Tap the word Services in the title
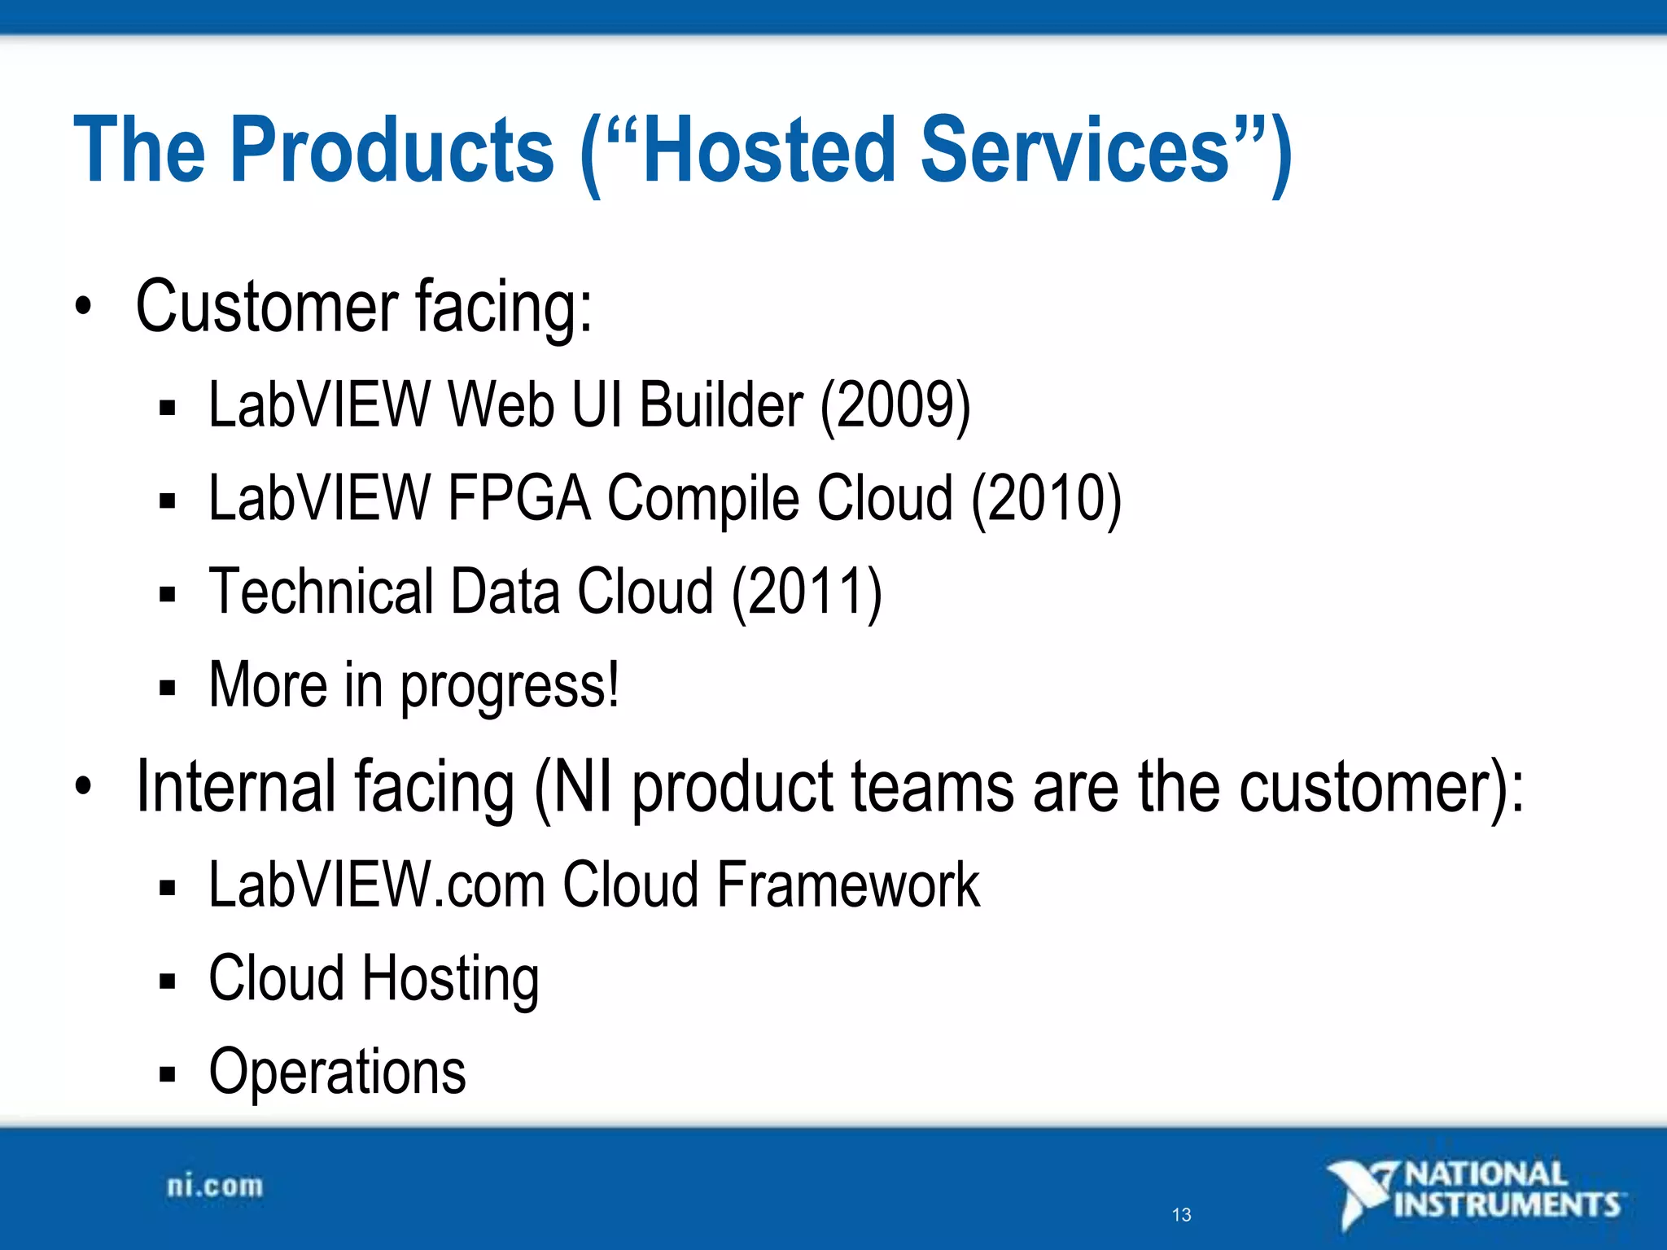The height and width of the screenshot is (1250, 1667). [1074, 151]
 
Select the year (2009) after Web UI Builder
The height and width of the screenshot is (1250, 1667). [895, 405]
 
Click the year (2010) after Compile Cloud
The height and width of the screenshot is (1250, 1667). [1047, 498]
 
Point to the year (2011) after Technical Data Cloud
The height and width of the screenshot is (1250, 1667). [807, 592]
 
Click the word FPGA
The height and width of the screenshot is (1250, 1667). [518, 498]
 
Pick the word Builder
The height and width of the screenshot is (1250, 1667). [721, 405]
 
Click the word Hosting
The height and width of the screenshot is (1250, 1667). [450, 980]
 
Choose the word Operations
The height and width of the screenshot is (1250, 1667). [337, 1073]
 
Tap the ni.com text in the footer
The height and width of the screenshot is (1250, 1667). [215, 1187]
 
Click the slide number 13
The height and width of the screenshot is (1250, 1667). [1181, 1215]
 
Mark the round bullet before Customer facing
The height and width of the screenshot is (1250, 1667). [83, 307]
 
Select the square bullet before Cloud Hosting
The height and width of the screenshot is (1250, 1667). [168, 981]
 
